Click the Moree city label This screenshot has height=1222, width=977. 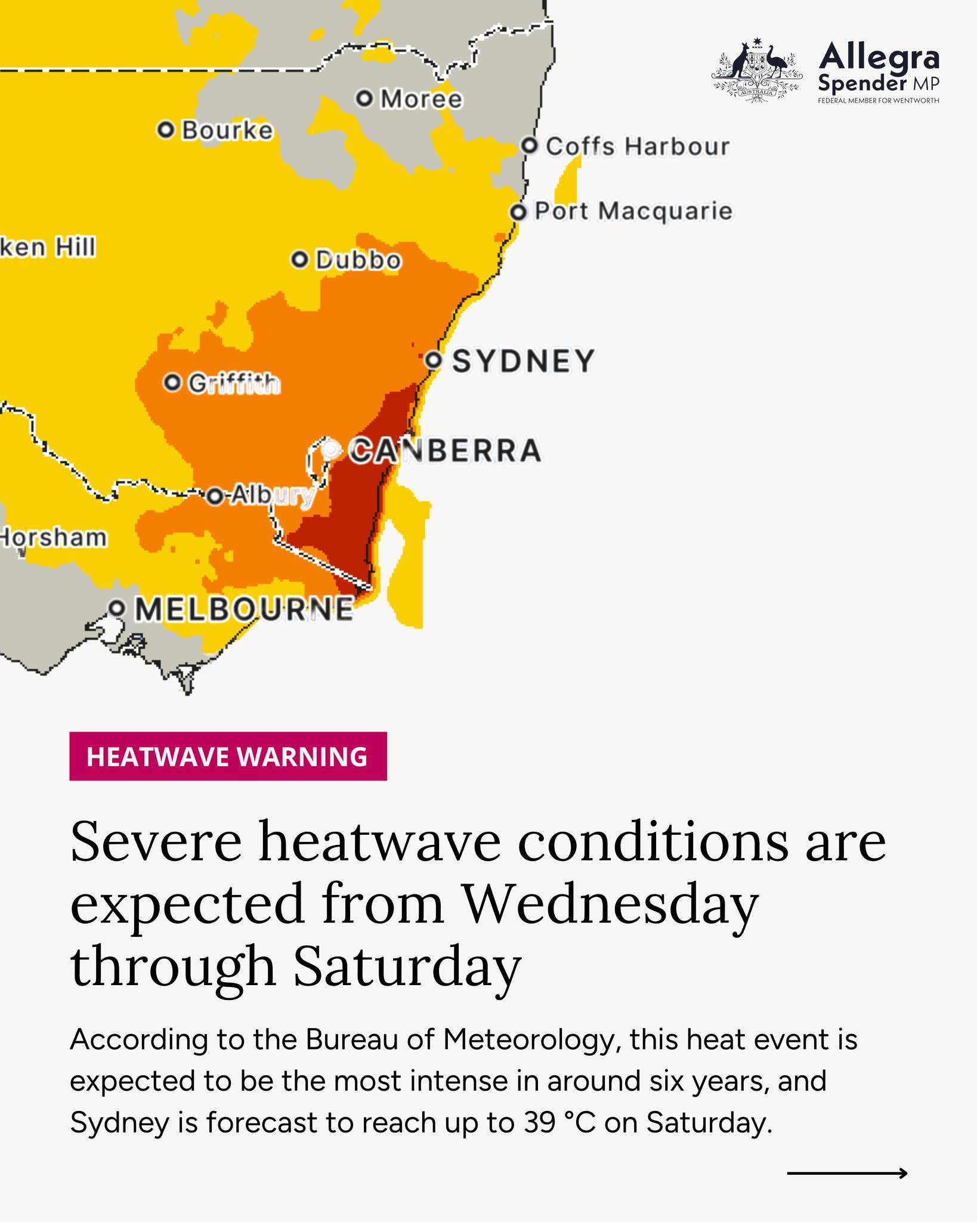tap(421, 99)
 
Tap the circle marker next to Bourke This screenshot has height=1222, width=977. tap(166, 129)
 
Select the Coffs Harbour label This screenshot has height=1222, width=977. tap(637, 147)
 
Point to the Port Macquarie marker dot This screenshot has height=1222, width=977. tap(519, 212)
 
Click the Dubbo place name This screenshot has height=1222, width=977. tap(358, 260)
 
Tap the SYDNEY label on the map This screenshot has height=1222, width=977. tap(524, 361)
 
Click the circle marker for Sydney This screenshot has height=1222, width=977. tap(434, 360)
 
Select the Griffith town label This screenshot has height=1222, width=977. tap(234, 383)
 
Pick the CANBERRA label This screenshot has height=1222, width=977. tap(445, 450)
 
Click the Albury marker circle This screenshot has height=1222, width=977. tap(215, 496)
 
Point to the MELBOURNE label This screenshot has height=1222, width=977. tap(244, 609)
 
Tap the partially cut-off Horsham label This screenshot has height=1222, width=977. tap(54, 538)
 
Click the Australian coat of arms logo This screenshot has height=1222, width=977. tap(755, 72)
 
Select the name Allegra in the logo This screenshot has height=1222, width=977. tap(879, 58)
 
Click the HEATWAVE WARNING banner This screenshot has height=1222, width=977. tap(228, 756)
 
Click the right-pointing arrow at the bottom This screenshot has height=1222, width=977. tap(847, 1173)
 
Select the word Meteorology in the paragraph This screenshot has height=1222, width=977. tap(528, 1040)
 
